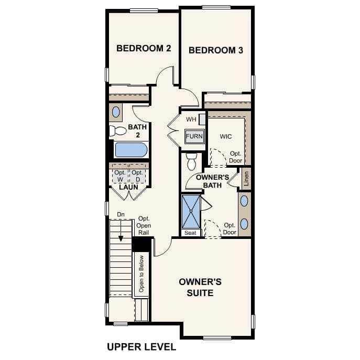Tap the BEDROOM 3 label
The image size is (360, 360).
pos(215,50)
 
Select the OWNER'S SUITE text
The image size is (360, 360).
pos(200,287)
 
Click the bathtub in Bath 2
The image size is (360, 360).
pos(130,150)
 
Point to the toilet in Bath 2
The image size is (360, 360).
pos(117,131)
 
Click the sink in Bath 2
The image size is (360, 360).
pos(116,112)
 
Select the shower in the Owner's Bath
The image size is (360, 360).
pos(191,211)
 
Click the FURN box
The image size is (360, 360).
pos(193,136)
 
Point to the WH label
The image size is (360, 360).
pos(191,119)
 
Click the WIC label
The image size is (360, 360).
pos(226,136)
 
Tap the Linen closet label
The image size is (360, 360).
pos(246,179)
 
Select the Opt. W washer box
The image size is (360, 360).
pos(120,176)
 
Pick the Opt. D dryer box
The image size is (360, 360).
pos(137,176)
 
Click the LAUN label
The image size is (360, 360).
pos(128,187)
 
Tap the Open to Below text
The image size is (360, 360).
pos(141,275)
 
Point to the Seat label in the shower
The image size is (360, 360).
pos(190,233)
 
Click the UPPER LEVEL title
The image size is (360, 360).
pos(141,347)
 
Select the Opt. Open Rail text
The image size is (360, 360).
pos(144,225)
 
